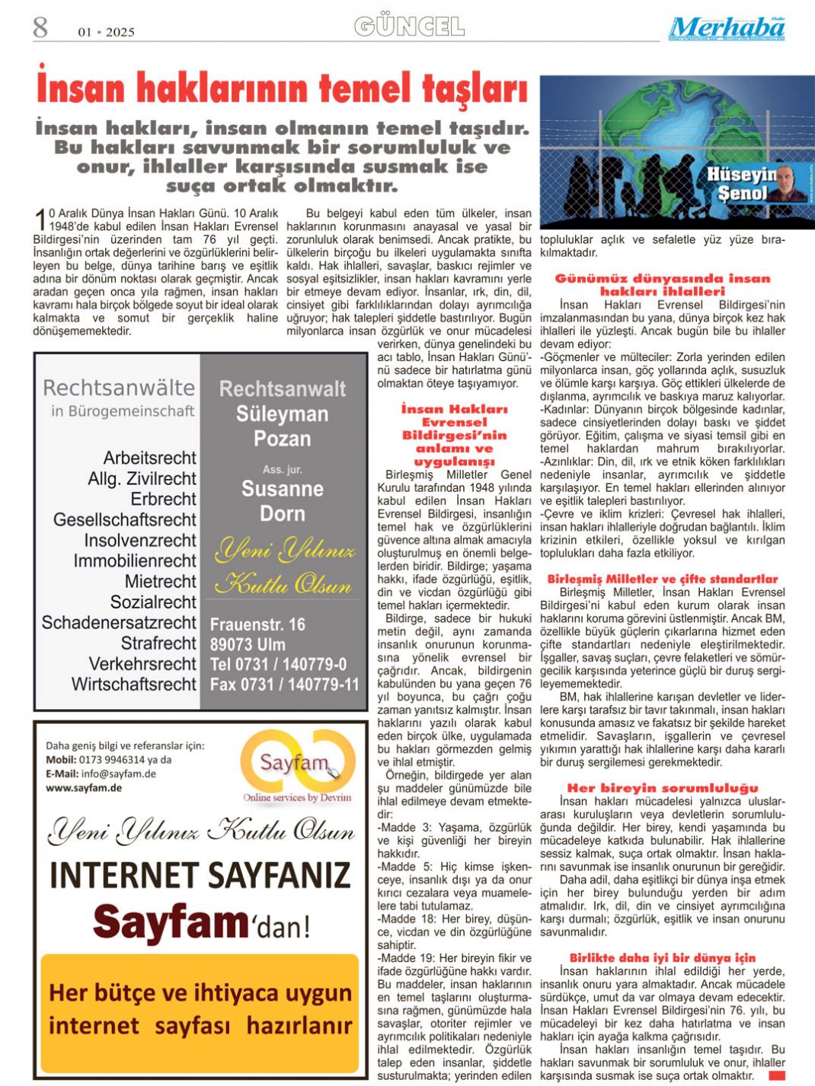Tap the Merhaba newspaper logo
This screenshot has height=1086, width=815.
(x=727, y=28)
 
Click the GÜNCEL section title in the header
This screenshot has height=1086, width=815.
(x=409, y=27)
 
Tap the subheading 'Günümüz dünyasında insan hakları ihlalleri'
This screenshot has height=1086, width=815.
(x=662, y=285)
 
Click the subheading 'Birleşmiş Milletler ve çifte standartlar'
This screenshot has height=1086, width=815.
(x=662, y=579)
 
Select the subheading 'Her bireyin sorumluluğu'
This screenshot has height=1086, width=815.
(x=662, y=788)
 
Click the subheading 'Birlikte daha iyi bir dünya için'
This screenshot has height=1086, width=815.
(x=662, y=958)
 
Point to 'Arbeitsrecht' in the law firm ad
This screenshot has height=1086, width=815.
(x=149, y=458)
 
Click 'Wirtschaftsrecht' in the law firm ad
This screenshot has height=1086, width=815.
(x=134, y=684)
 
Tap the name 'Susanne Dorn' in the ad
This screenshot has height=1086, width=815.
(x=283, y=501)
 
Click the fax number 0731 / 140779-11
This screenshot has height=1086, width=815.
(x=284, y=684)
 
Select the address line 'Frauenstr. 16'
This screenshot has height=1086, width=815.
(x=257, y=624)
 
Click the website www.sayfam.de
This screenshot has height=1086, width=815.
(x=84, y=787)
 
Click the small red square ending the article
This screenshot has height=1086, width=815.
(x=777, y=1075)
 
